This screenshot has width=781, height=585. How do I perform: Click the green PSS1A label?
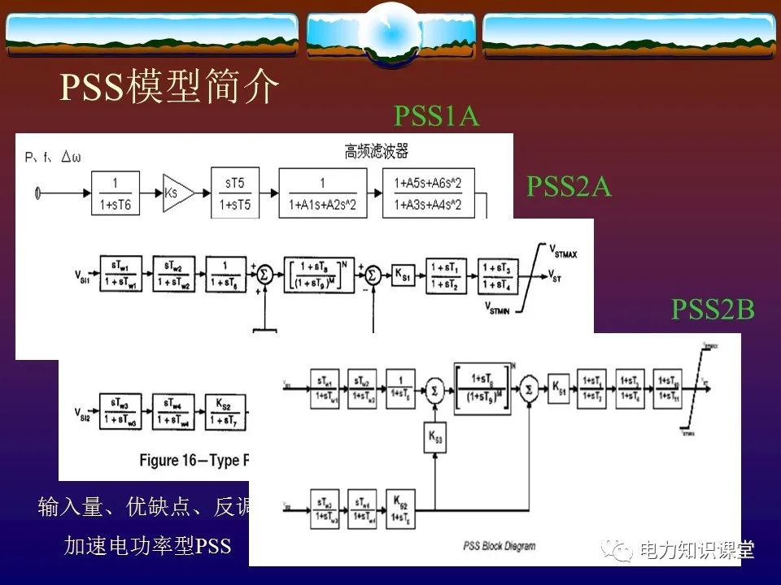(x=437, y=116)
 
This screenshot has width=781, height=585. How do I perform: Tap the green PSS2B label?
(x=713, y=309)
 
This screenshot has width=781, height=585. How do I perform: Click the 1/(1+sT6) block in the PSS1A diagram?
(x=116, y=194)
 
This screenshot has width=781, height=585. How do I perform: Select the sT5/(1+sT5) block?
(x=235, y=194)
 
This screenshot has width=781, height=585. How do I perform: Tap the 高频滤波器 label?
(x=376, y=151)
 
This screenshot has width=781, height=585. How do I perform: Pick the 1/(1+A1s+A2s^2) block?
(x=322, y=194)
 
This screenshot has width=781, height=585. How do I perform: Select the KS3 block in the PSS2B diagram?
(x=434, y=439)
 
